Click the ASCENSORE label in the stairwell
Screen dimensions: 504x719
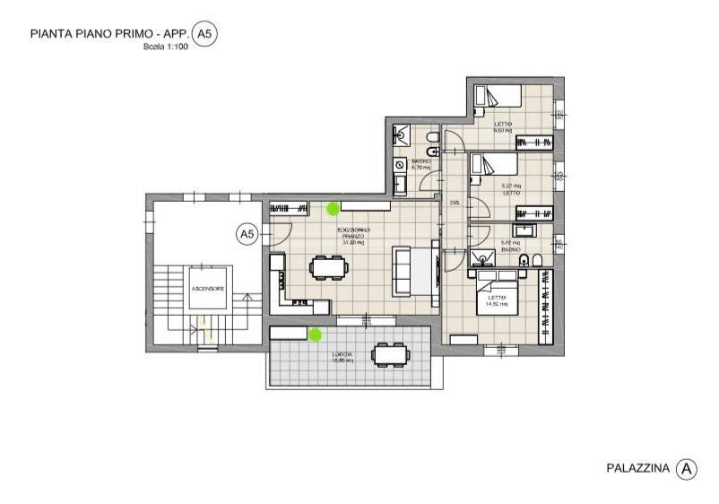(207, 289)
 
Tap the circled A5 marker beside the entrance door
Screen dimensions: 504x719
(247, 234)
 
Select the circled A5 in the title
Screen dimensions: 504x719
(205, 34)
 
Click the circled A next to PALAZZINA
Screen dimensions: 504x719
(686, 467)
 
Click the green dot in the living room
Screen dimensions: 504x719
(333, 208)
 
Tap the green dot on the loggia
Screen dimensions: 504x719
(315, 335)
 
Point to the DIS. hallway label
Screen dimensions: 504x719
(455, 204)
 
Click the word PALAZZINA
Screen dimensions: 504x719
(637, 467)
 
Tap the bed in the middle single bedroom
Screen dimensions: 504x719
(495, 164)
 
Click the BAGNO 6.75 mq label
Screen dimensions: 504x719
(420, 164)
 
